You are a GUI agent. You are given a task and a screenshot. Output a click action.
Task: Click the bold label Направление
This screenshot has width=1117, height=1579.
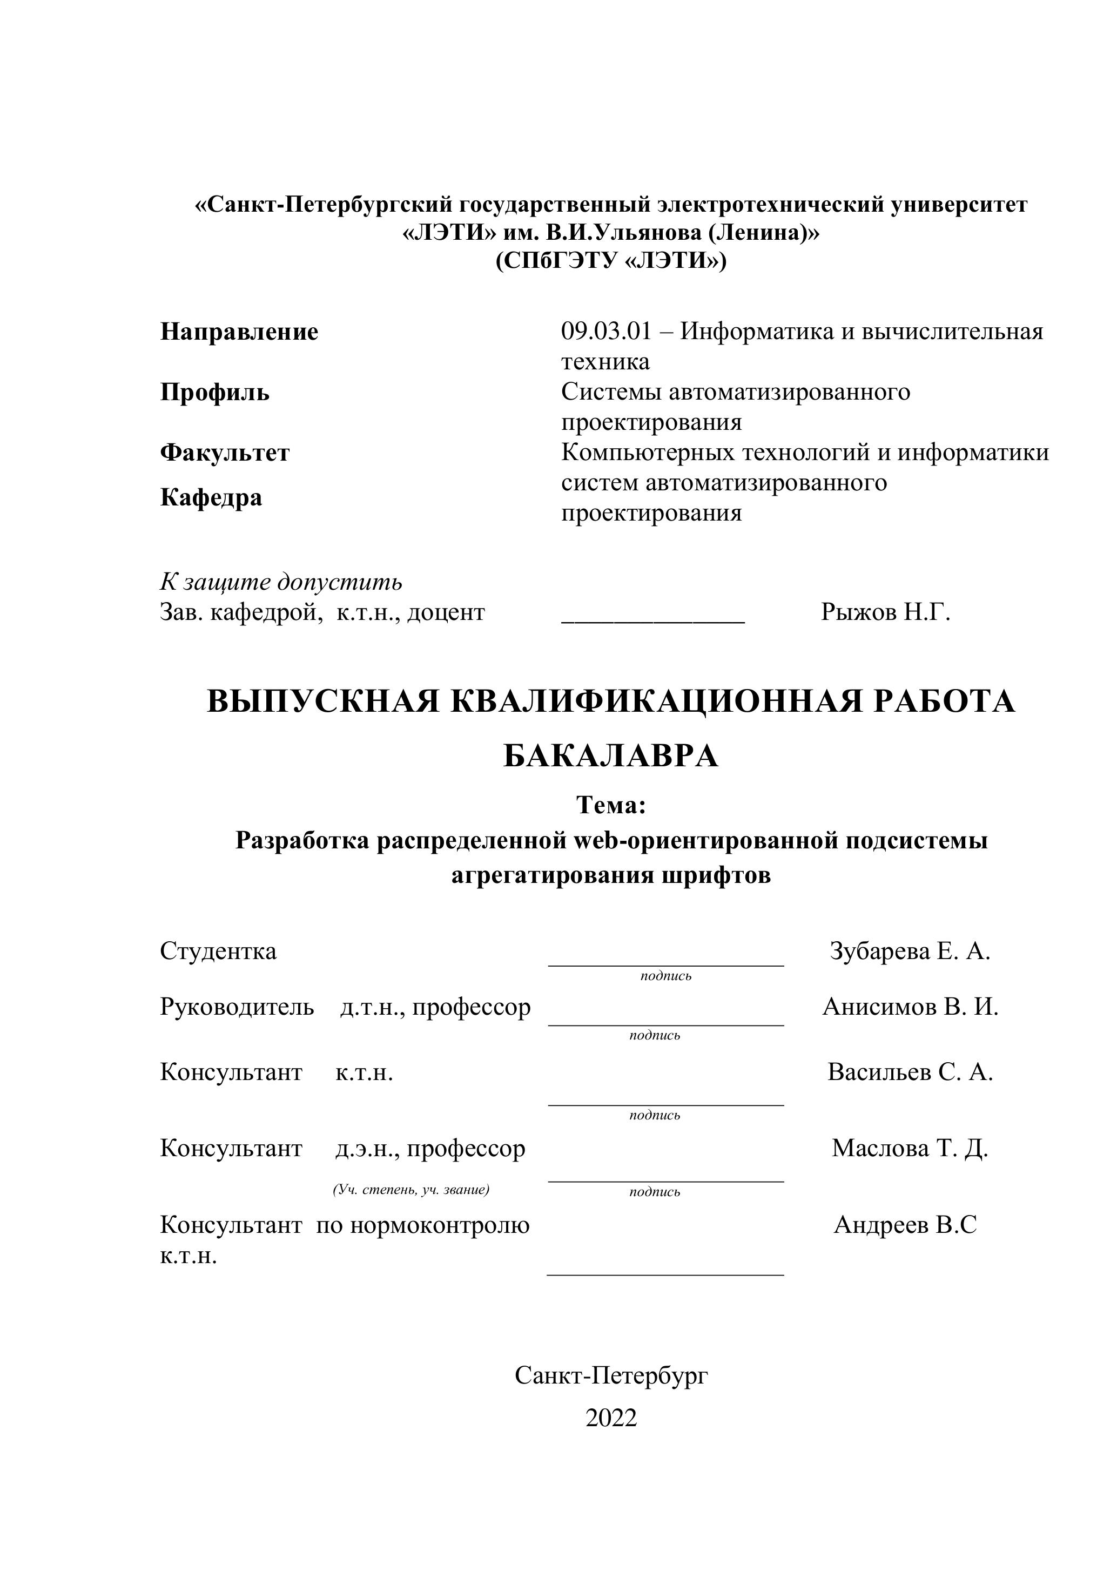click(239, 332)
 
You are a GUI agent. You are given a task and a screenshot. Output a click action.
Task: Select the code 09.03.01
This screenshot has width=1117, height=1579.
click(606, 332)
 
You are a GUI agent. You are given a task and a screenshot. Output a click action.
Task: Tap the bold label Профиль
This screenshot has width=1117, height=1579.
click(214, 393)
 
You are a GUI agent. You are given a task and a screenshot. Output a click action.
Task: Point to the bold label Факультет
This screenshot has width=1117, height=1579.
click(225, 453)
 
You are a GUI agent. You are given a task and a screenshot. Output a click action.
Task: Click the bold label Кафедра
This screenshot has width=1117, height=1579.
click(211, 497)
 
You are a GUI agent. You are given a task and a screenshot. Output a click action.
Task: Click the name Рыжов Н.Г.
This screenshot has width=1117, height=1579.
click(885, 612)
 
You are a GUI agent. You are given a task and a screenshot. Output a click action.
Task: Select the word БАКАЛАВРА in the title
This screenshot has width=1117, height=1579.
click(611, 757)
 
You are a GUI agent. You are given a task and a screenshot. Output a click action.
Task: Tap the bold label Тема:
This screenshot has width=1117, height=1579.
click(611, 805)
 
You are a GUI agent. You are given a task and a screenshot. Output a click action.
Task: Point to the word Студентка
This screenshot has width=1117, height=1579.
click(218, 951)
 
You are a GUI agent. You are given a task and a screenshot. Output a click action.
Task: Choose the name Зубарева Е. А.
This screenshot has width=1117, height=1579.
click(909, 951)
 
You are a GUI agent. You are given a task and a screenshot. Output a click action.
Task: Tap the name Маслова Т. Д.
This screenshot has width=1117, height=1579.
click(909, 1148)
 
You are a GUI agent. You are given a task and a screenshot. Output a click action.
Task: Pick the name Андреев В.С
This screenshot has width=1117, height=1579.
click(905, 1225)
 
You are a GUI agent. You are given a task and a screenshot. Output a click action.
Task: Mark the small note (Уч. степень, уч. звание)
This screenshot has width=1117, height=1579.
click(411, 1190)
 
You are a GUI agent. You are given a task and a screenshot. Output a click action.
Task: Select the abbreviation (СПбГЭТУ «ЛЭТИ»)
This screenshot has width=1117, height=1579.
click(611, 261)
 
